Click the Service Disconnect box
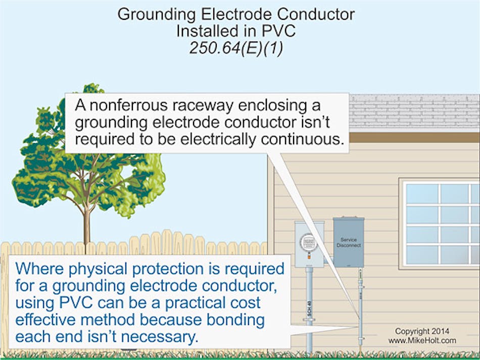[348, 242]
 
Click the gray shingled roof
[414, 111]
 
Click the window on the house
[440, 222]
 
